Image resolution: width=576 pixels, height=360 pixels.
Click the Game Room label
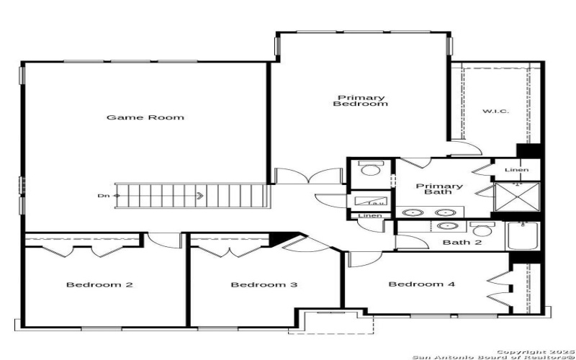click(145, 117)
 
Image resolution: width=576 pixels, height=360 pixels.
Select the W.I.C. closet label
click(495, 111)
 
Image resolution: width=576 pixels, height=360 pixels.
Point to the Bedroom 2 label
click(99, 284)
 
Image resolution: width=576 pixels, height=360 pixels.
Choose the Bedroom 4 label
click(421, 284)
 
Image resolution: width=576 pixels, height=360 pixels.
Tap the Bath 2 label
click(462, 242)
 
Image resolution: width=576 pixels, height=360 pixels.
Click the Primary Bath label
click(439, 190)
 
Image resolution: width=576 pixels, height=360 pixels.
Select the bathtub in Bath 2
click(523, 236)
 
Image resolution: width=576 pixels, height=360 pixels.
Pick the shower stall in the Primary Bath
click(517, 195)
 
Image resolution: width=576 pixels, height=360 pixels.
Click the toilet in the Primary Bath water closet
click(371, 171)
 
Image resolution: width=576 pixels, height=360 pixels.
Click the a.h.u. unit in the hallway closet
click(370, 202)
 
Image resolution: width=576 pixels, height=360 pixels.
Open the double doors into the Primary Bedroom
click(310, 176)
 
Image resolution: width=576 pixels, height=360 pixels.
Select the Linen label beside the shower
click(516, 170)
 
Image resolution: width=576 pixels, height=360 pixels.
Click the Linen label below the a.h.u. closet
click(370, 215)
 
